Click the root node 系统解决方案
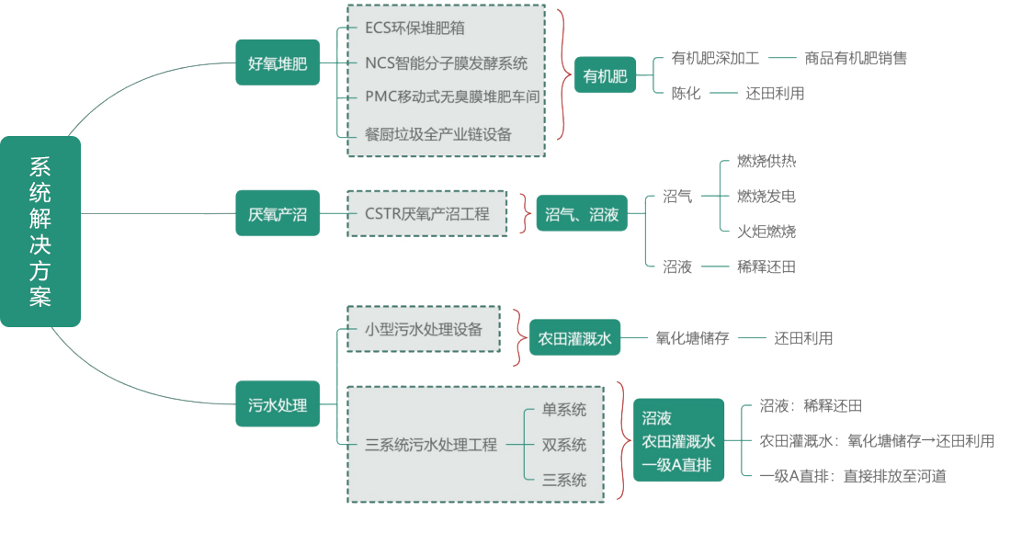click(x=40, y=232)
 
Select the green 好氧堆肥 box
click(x=278, y=62)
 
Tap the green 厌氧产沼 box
click(x=278, y=213)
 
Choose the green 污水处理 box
click(x=278, y=403)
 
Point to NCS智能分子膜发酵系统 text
click(x=446, y=62)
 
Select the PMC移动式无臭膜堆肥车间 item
click(x=451, y=96)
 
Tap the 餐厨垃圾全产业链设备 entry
click(x=437, y=133)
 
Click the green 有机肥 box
click(x=605, y=76)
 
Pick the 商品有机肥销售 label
click(x=855, y=58)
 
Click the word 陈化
click(x=686, y=93)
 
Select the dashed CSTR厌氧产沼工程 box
click(x=427, y=213)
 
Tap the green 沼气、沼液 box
click(x=582, y=213)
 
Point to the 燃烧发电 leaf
click(x=766, y=196)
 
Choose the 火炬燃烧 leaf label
click(x=766, y=231)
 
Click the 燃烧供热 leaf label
click(x=766, y=161)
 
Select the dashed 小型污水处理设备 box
click(x=424, y=328)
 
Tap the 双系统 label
click(x=563, y=445)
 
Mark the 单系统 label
click(x=563, y=410)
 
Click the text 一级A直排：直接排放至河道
click(x=853, y=475)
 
